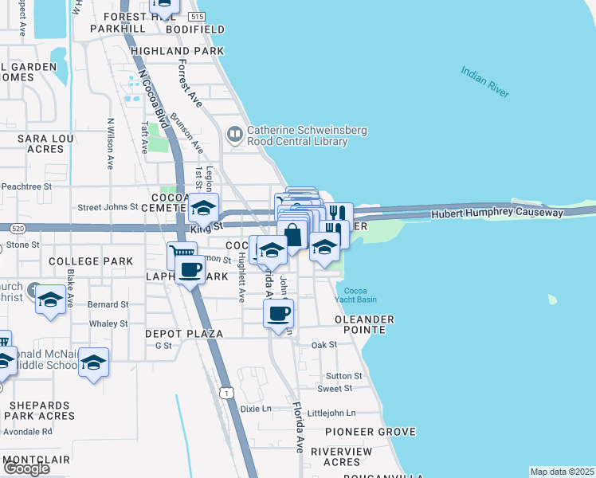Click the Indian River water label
pos(484,82)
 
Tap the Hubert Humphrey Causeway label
pos(497,214)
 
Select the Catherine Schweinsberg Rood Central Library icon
pos(235,135)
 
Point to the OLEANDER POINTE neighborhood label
pos(364,325)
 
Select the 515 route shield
pos(198,17)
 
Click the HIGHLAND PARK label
pos(178,50)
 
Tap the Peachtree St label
pos(26,186)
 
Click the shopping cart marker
pos(182,255)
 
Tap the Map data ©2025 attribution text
pos(563,472)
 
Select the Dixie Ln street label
pos(256,409)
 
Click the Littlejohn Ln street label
pos(331,413)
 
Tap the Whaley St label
pos(108,323)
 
